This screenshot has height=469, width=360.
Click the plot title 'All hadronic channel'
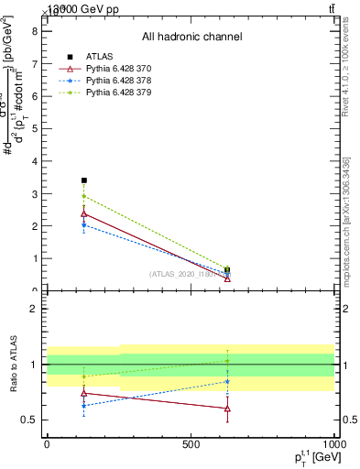tap(191, 37)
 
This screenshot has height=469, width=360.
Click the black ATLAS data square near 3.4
tap(84, 180)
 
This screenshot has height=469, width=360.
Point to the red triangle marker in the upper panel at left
tap(84, 213)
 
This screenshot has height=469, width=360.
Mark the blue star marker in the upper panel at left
tap(84, 224)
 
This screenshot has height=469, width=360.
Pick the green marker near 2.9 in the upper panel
tap(84, 196)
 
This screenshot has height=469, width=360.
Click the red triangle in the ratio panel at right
tap(227, 409)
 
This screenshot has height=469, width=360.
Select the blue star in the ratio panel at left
tap(84, 406)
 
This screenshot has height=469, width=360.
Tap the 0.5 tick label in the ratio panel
tap(29, 420)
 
